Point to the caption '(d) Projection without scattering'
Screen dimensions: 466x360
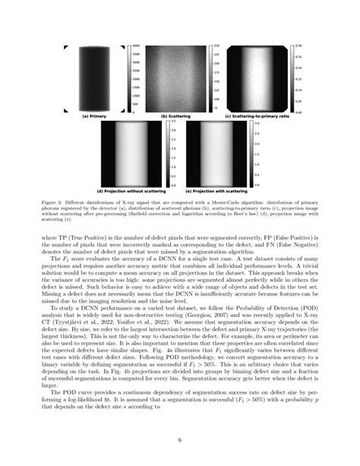[135, 190]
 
